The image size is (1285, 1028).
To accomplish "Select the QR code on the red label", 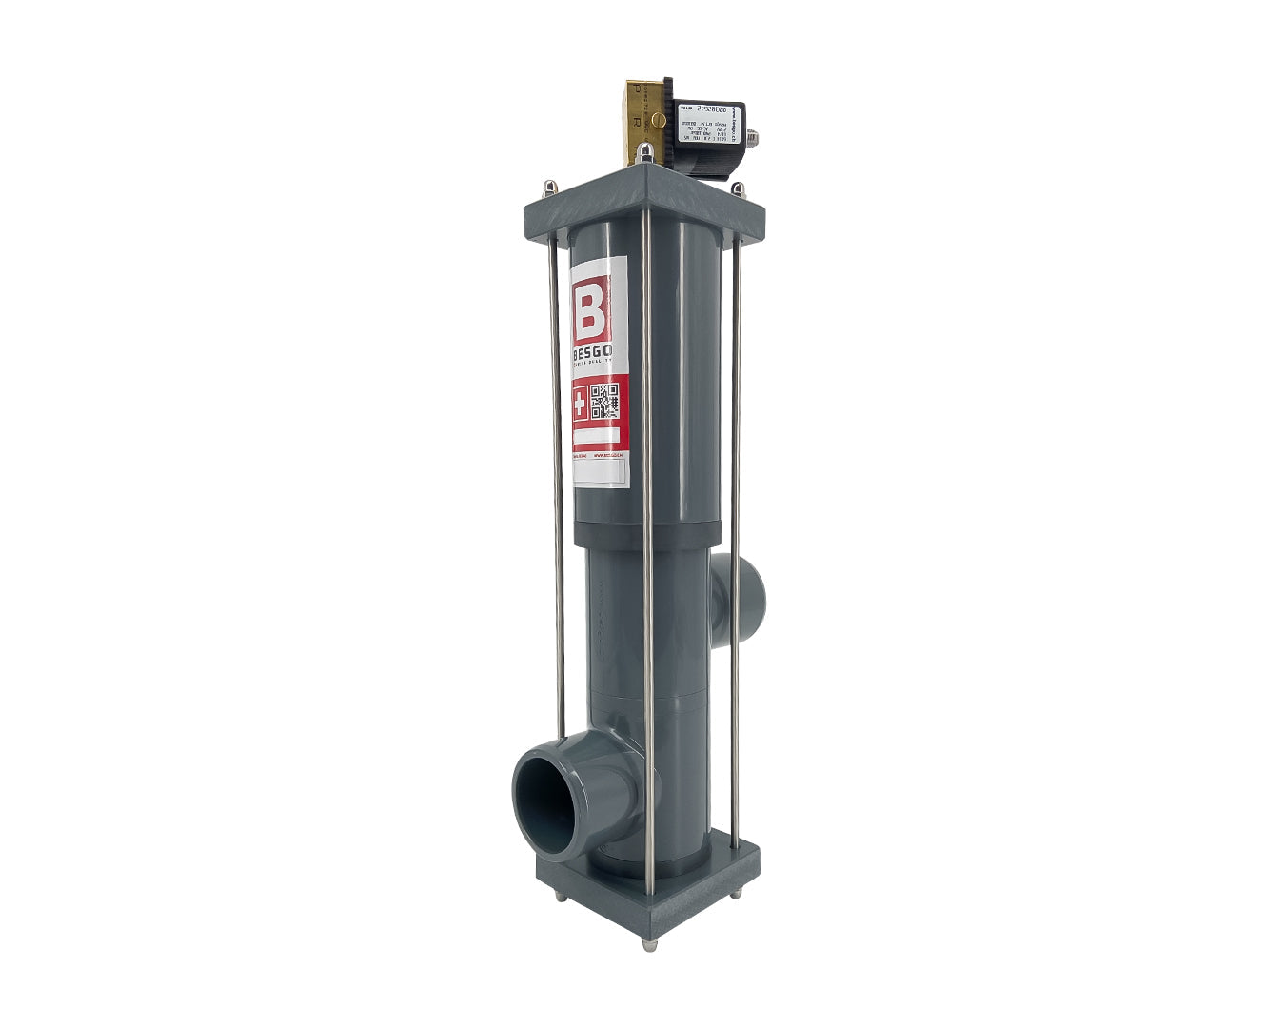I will [x=608, y=402].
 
